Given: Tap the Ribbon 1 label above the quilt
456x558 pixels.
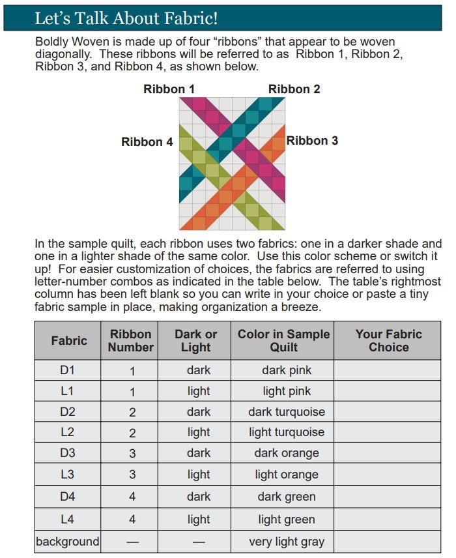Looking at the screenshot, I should [169, 89].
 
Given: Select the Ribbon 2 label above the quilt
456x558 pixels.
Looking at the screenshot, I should [294, 89].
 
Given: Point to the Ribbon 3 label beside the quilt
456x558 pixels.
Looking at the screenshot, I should [312, 141].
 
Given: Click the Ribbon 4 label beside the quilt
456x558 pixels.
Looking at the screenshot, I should [147, 141].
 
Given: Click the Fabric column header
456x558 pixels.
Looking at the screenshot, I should [69, 340].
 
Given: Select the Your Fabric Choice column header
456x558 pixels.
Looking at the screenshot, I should [388, 340].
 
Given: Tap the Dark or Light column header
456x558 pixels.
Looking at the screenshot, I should [196, 340].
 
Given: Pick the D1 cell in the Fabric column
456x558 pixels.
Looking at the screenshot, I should [68, 370].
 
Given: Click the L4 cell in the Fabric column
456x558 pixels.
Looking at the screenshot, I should [68, 520].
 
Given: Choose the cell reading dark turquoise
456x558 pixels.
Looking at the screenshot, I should [287, 412].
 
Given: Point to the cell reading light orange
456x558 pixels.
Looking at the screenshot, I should [287, 475].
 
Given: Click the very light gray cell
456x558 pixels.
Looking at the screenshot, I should [287, 542].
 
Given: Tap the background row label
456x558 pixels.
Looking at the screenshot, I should [68, 542].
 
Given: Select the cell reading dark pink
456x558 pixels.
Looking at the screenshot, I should [287, 370].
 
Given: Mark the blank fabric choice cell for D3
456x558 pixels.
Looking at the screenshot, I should [388, 453].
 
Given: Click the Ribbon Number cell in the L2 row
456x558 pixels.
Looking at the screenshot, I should [132, 432].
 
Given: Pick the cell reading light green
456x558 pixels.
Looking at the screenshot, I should [287, 520].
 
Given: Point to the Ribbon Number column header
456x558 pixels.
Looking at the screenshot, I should [131, 340].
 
